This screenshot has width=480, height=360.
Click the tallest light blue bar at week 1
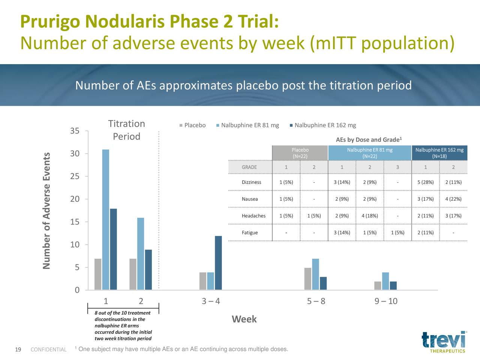pyautogui.click(x=106, y=220)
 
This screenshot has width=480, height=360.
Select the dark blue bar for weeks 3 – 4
pyautogui.click(x=218, y=263)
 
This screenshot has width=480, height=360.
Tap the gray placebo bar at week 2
pyautogui.click(x=133, y=274)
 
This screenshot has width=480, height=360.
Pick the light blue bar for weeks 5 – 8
pyautogui.click(x=315, y=274)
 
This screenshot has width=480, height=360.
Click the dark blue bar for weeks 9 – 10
pyautogui.click(x=393, y=285)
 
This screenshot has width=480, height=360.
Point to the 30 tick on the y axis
pyautogui.click(x=75, y=154)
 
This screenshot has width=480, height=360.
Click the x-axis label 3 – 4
pyautogui.click(x=211, y=301)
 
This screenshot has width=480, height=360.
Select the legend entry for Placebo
pyautogui.click(x=192, y=125)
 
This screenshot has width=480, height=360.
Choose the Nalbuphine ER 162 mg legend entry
pyautogui.click(x=323, y=125)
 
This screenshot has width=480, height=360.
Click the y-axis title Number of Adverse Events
pyautogui.click(x=46, y=211)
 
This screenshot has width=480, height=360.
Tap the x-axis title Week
pyautogui.click(x=244, y=319)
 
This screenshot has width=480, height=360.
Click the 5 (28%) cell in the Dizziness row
pyautogui.click(x=425, y=182)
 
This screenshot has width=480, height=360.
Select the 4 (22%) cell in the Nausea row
pyautogui.click(x=453, y=199)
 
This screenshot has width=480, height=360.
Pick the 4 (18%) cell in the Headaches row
pyautogui.click(x=370, y=216)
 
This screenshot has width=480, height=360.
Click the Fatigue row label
pyautogui.click(x=250, y=232)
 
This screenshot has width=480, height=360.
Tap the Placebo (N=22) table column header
pyautogui.click(x=300, y=153)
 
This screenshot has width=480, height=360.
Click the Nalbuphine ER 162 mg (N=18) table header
pyautogui.click(x=439, y=153)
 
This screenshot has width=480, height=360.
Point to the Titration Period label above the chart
pyautogui.click(x=127, y=130)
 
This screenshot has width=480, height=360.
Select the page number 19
pyautogui.click(x=18, y=349)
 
